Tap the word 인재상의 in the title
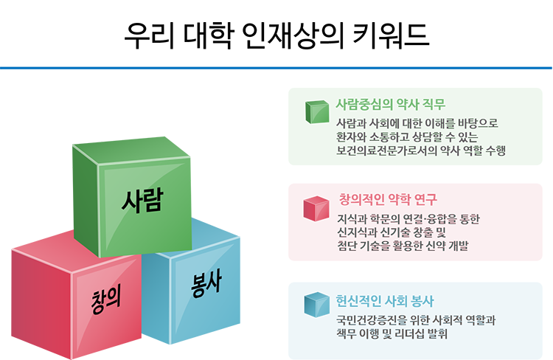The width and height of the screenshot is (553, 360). point(293,35)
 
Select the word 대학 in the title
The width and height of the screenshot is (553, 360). point(208,35)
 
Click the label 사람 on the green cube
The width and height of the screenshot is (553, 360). point(142,200)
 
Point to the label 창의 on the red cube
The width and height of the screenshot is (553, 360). point(105,299)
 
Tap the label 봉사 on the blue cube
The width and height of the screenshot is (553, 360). point(206,283)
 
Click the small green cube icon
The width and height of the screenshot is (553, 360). point(317,112)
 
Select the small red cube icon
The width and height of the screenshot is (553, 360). point(316,209)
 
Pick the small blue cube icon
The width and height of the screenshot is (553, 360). point(317,304)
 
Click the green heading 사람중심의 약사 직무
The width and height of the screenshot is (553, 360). point(390,104)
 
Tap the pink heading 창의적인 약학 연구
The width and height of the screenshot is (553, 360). point(388,199)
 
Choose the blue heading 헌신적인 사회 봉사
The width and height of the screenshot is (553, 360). point(385,301)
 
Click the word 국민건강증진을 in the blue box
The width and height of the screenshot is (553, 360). point(372,319)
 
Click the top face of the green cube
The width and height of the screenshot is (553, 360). point(132,150)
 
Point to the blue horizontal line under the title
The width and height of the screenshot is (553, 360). point(276,67)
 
